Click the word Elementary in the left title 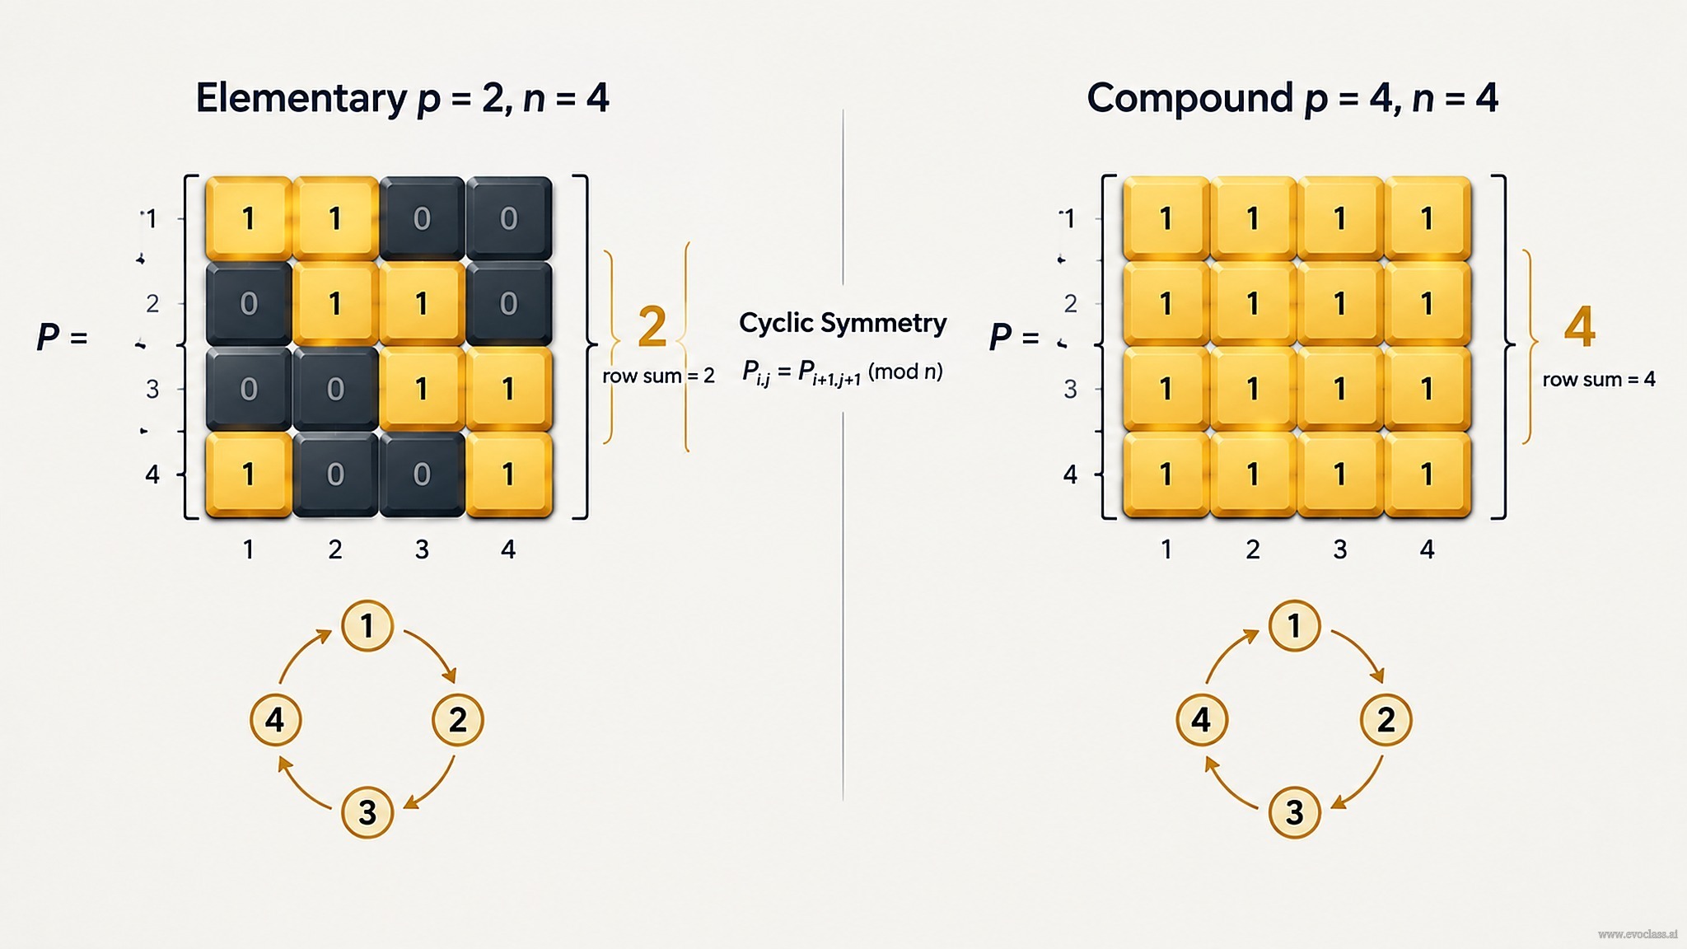point(301,99)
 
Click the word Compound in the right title point(1189,98)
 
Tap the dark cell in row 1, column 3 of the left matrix point(422,218)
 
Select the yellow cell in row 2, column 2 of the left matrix point(335,304)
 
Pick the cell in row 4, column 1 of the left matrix point(249,474)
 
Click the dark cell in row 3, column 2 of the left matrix point(335,389)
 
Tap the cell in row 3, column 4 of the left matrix point(509,389)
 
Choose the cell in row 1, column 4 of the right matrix point(1428,218)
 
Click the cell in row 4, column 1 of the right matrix point(1166,474)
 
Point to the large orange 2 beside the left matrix point(652,326)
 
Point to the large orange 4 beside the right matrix point(1580,326)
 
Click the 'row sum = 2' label point(658,376)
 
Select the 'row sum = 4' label point(1599,379)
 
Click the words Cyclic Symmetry point(843,323)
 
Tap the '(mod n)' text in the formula point(905,372)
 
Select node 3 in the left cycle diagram point(367,812)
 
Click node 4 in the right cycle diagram point(1202,719)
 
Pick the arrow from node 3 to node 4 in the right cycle point(1227,785)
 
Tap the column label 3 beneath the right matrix point(1340,549)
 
